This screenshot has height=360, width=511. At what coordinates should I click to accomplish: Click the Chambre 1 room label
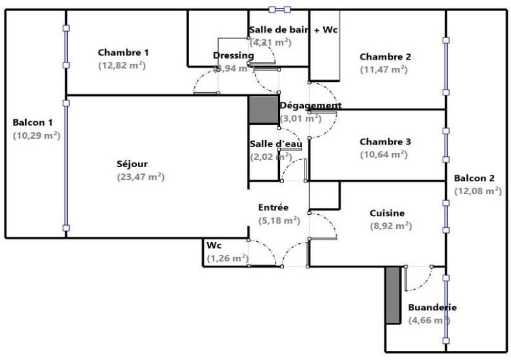(x=123, y=52)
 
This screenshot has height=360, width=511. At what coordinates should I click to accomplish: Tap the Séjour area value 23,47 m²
(x=141, y=177)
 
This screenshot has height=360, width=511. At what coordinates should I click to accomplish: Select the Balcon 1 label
(x=33, y=123)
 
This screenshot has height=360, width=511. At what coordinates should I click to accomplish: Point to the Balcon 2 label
(x=474, y=178)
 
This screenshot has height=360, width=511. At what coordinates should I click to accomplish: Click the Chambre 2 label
(x=385, y=56)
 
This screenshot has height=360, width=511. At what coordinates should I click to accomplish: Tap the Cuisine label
(x=387, y=213)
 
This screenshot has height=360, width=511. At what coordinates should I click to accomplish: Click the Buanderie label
(x=432, y=308)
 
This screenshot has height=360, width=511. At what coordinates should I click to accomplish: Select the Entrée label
(x=273, y=207)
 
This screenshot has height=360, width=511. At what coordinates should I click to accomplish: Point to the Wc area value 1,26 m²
(x=228, y=258)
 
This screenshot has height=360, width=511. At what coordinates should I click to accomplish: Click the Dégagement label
(x=310, y=105)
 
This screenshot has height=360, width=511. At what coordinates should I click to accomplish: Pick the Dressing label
(x=233, y=55)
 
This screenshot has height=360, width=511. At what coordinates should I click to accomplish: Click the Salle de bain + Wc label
(x=294, y=30)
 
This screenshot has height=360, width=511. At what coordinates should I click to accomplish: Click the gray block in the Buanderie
(x=393, y=294)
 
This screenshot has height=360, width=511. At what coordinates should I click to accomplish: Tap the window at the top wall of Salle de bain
(x=280, y=10)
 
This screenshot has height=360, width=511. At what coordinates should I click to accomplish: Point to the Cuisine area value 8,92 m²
(x=391, y=226)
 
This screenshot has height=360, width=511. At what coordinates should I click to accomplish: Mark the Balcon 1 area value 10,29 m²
(x=36, y=135)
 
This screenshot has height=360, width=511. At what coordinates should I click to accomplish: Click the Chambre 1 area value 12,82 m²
(x=122, y=65)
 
